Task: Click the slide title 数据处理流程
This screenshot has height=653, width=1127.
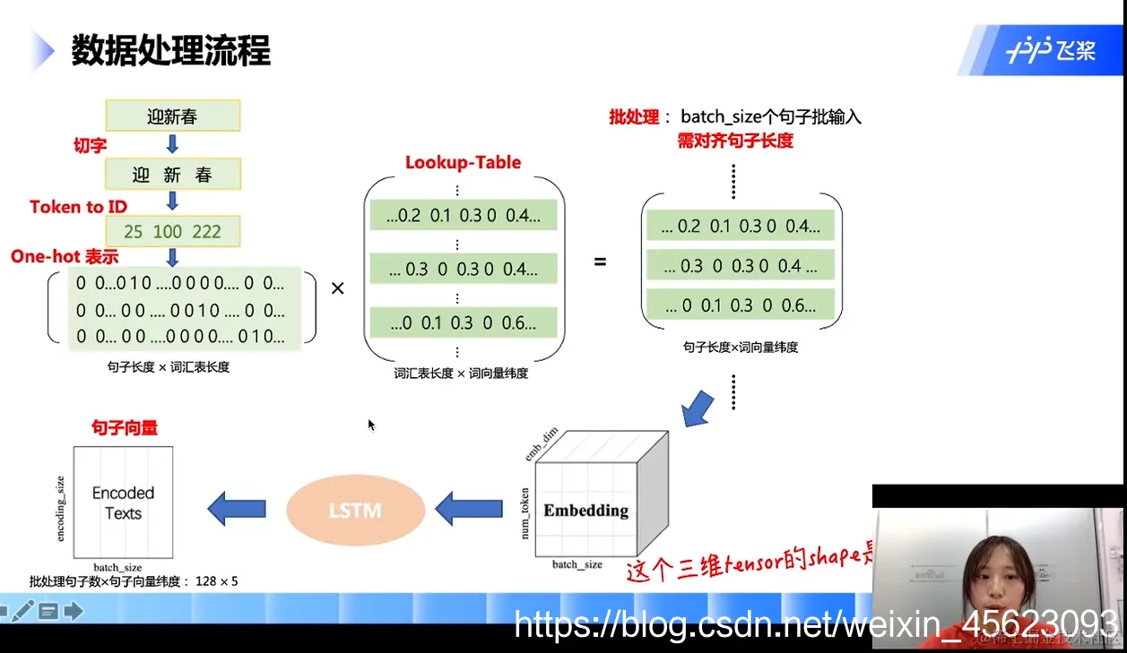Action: click(x=170, y=51)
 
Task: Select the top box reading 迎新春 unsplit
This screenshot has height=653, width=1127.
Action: click(x=172, y=116)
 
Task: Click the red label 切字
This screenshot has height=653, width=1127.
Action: click(x=90, y=145)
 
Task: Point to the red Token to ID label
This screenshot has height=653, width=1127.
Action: click(x=78, y=207)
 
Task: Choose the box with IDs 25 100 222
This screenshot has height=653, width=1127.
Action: click(x=172, y=232)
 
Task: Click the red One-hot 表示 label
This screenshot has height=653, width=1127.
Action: click(x=65, y=257)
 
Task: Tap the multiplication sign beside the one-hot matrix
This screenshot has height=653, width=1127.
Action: click(x=338, y=288)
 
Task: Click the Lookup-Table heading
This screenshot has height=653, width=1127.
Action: click(x=463, y=162)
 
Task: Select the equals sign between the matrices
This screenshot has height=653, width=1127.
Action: click(x=600, y=262)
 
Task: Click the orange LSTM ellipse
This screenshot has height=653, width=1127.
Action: click(x=355, y=511)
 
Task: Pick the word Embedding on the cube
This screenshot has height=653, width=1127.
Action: click(x=585, y=511)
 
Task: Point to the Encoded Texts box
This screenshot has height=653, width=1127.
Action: click(x=123, y=503)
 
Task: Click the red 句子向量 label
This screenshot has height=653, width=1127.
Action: click(x=125, y=428)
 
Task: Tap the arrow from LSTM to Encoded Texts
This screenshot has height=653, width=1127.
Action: click(x=237, y=509)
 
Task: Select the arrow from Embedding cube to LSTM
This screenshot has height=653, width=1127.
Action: click(x=468, y=510)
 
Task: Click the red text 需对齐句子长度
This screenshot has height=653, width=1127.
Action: click(x=735, y=141)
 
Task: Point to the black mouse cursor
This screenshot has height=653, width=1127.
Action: click(x=371, y=425)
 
